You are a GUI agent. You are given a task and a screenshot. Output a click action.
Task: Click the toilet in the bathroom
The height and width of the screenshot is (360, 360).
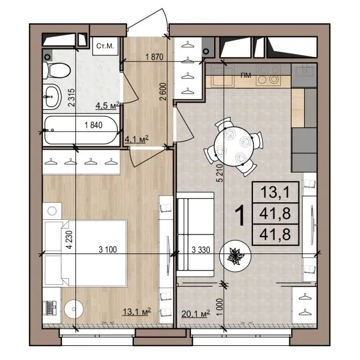(56, 70)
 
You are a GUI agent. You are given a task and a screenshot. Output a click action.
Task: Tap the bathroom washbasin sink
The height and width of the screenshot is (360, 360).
(52, 97)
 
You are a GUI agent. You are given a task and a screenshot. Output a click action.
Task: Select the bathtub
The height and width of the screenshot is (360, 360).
(81, 130)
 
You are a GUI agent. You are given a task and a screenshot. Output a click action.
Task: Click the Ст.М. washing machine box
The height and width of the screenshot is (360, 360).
(105, 46)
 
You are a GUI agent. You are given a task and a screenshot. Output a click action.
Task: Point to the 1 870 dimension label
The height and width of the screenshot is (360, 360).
(154, 57)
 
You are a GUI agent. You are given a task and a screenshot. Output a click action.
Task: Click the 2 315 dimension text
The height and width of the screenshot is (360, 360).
(72, 97)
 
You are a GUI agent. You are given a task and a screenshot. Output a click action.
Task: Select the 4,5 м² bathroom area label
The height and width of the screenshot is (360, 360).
(108, 106)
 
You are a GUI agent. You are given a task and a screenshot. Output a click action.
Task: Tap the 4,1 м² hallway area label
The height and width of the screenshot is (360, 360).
(136, 139)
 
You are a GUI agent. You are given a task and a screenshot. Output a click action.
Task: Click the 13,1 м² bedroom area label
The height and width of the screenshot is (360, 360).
(137, 312)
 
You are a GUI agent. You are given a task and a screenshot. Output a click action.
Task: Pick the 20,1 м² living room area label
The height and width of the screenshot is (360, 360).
(195, 313)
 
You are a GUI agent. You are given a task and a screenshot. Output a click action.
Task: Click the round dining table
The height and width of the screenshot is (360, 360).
(234, 146)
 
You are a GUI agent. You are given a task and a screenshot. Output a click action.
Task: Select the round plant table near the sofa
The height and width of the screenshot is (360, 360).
(235, 256)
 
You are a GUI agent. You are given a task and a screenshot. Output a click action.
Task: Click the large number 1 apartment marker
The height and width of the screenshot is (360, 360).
(240, 215)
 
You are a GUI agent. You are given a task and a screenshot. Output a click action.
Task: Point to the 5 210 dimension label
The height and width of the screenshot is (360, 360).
(220, 173)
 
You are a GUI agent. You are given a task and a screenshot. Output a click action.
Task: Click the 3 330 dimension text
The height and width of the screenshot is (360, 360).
(201, 250)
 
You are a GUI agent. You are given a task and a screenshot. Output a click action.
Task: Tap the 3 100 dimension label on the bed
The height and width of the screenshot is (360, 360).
(108, 249)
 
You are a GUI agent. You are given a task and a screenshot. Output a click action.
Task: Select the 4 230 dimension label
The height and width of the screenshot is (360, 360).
(69, 239)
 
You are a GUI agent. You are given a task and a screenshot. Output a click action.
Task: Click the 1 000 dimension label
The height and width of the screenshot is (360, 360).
(220, 307)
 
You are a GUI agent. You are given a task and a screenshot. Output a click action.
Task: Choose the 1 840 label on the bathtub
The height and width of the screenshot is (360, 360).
(93, 125)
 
